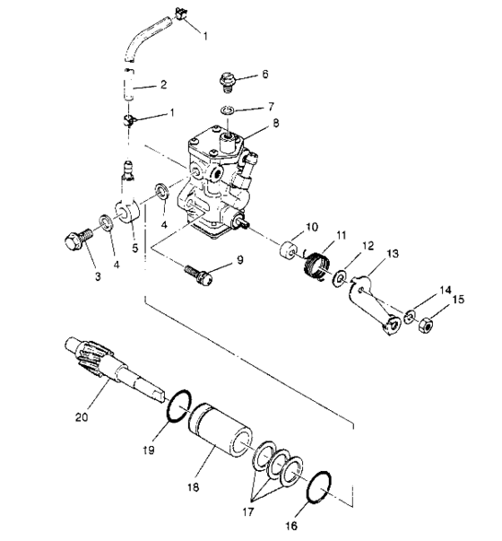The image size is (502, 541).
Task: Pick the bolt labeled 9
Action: (x=198, y=273)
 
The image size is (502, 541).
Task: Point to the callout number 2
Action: (x=163, y=86)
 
